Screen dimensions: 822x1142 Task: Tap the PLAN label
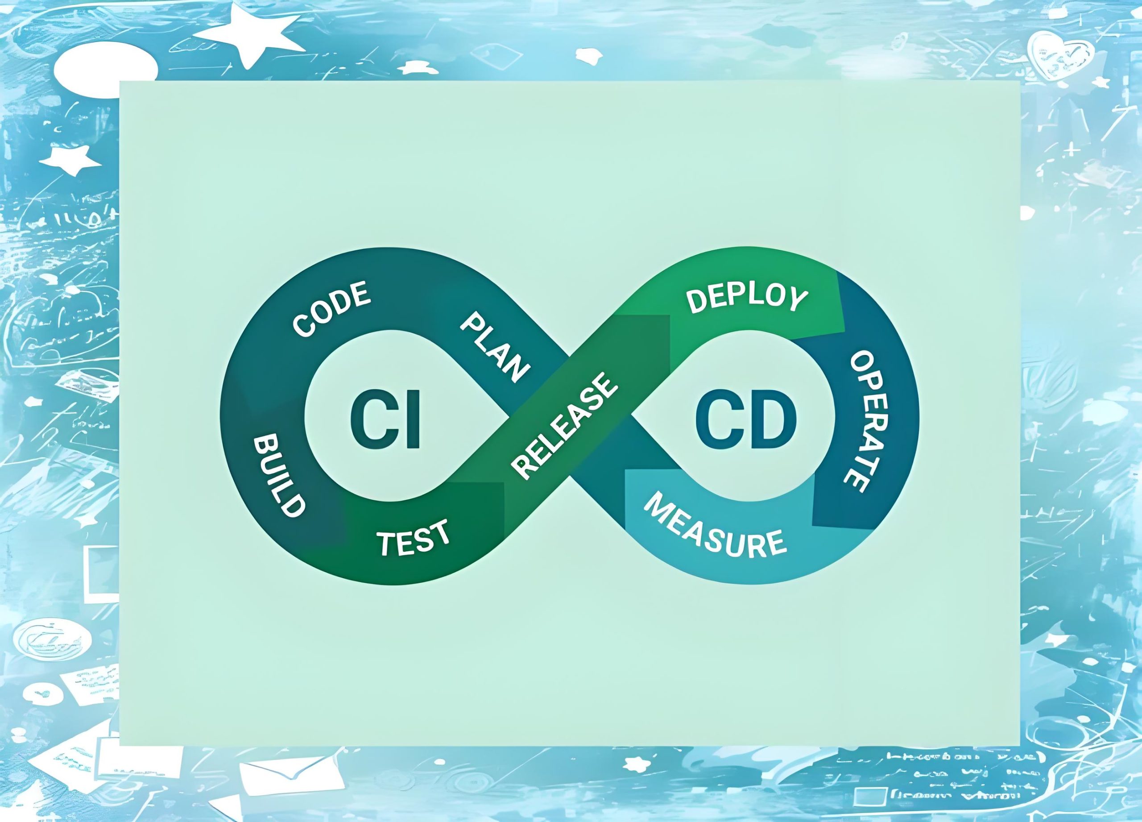point(494,347)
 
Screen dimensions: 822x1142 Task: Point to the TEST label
point(414,538)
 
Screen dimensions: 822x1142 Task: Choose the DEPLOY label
point(747,299)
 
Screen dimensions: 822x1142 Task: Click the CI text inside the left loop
point(385,420)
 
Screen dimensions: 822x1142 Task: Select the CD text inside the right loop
point(746,420)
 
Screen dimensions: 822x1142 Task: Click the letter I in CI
point(413,420)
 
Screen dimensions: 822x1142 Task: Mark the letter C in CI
point(370,420)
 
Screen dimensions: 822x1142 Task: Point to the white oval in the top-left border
point(106,70)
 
